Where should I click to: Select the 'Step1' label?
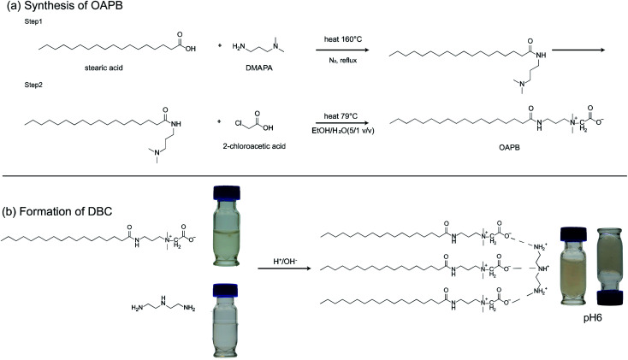click(x=34, y=28)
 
